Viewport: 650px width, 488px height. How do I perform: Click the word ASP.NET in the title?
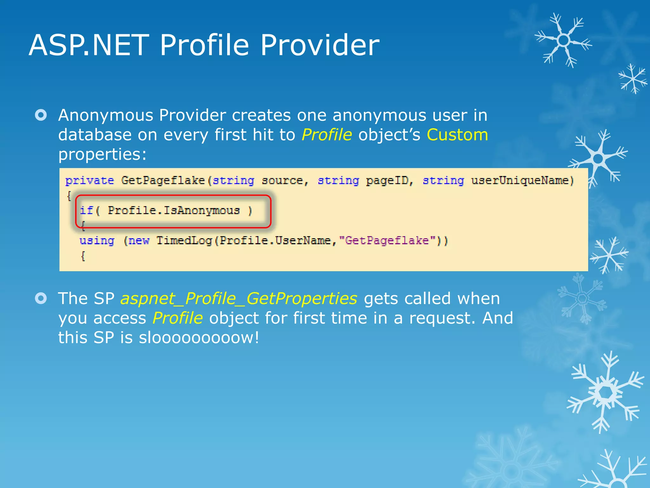(x=89, y=45)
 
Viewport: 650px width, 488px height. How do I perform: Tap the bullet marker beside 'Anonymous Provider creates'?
(x=41, y=115)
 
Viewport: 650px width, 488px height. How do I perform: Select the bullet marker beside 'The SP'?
(x=41, y=298)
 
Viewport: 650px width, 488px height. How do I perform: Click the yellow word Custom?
(x=457, y=135)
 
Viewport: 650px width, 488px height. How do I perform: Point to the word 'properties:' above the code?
(x=102, y=154)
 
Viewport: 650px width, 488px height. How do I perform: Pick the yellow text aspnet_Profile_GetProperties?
(x=239, y=299)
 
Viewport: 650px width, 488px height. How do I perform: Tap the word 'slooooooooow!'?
(x=199, y=337)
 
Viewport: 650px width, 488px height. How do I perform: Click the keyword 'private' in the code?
(x=90, y=180)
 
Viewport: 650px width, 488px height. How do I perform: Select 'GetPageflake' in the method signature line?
(x=163, y=180)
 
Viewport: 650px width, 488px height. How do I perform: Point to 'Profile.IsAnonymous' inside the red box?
(x=174, y=210)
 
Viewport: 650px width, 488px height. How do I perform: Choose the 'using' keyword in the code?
(x=97, y=241)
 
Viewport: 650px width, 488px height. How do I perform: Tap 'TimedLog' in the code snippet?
(x=184, y=241)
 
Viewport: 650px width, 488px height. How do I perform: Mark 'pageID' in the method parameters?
(x=387, y=180)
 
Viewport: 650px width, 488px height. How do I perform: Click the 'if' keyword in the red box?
(x=86, y=210)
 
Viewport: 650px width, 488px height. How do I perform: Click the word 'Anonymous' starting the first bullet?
(x=106, y=115)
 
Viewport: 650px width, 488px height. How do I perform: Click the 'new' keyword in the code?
(x=139, y=241)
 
